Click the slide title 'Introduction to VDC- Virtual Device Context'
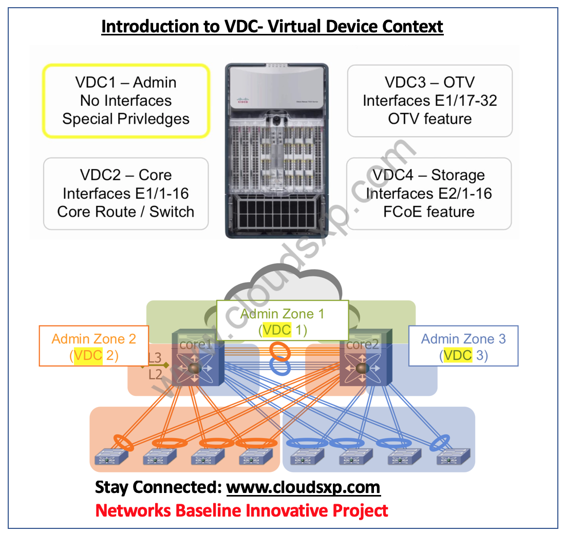tap(272, 26)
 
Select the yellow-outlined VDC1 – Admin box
tap(126, 101)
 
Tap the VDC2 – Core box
tap(126, 194)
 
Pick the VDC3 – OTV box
tap(430, 101)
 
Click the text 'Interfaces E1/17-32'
tap(430, 101)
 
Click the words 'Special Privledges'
tap(126, 119)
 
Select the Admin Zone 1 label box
tap(282, 321)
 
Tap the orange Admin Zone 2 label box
tap(94, 347)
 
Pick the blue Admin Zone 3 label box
tap(463, 347)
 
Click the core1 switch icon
tap(198, 366)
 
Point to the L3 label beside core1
tap(155, 358)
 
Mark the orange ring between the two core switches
tap(280, 352)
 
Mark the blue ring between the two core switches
tap(280, 368)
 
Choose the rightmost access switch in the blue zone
tap(454, 456)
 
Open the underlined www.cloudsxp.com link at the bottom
tap(303, 487)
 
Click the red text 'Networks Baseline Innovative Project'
tap(241, 510)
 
